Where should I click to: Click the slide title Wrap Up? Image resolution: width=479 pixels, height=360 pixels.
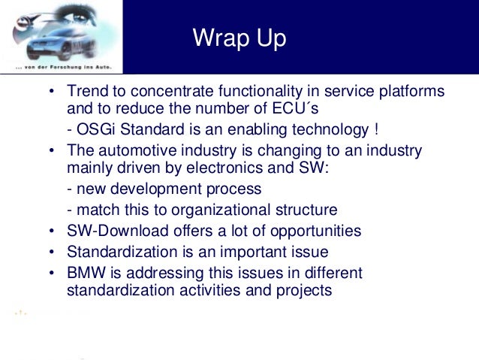239,38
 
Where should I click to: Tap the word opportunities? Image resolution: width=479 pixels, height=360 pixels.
316,231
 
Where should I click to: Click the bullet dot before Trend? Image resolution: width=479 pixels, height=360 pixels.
52,92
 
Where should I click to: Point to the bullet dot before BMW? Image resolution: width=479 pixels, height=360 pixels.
52,273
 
